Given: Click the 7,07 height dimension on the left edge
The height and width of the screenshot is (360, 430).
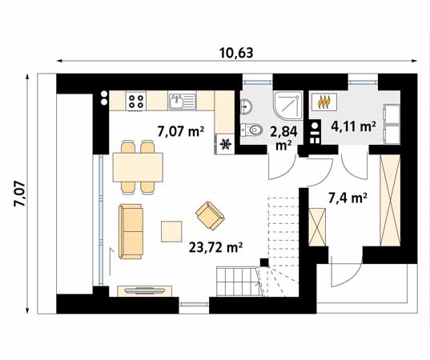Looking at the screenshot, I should (x=18, y=194).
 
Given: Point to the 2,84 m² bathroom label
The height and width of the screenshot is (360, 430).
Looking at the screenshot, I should (x=283, y=138).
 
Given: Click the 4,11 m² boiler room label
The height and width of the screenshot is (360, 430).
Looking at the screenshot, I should (x=354, y=126).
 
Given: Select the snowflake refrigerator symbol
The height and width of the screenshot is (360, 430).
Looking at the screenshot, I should (x=225, y=145).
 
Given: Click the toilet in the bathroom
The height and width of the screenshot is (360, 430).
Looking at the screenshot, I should (x=255, y=130).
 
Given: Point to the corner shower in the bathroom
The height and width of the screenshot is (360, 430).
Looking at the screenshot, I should (x=286, y=104).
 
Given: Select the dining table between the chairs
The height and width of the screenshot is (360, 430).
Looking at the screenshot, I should (x=139, y=167).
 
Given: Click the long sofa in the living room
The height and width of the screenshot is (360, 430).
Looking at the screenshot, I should (x=130, y=231).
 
